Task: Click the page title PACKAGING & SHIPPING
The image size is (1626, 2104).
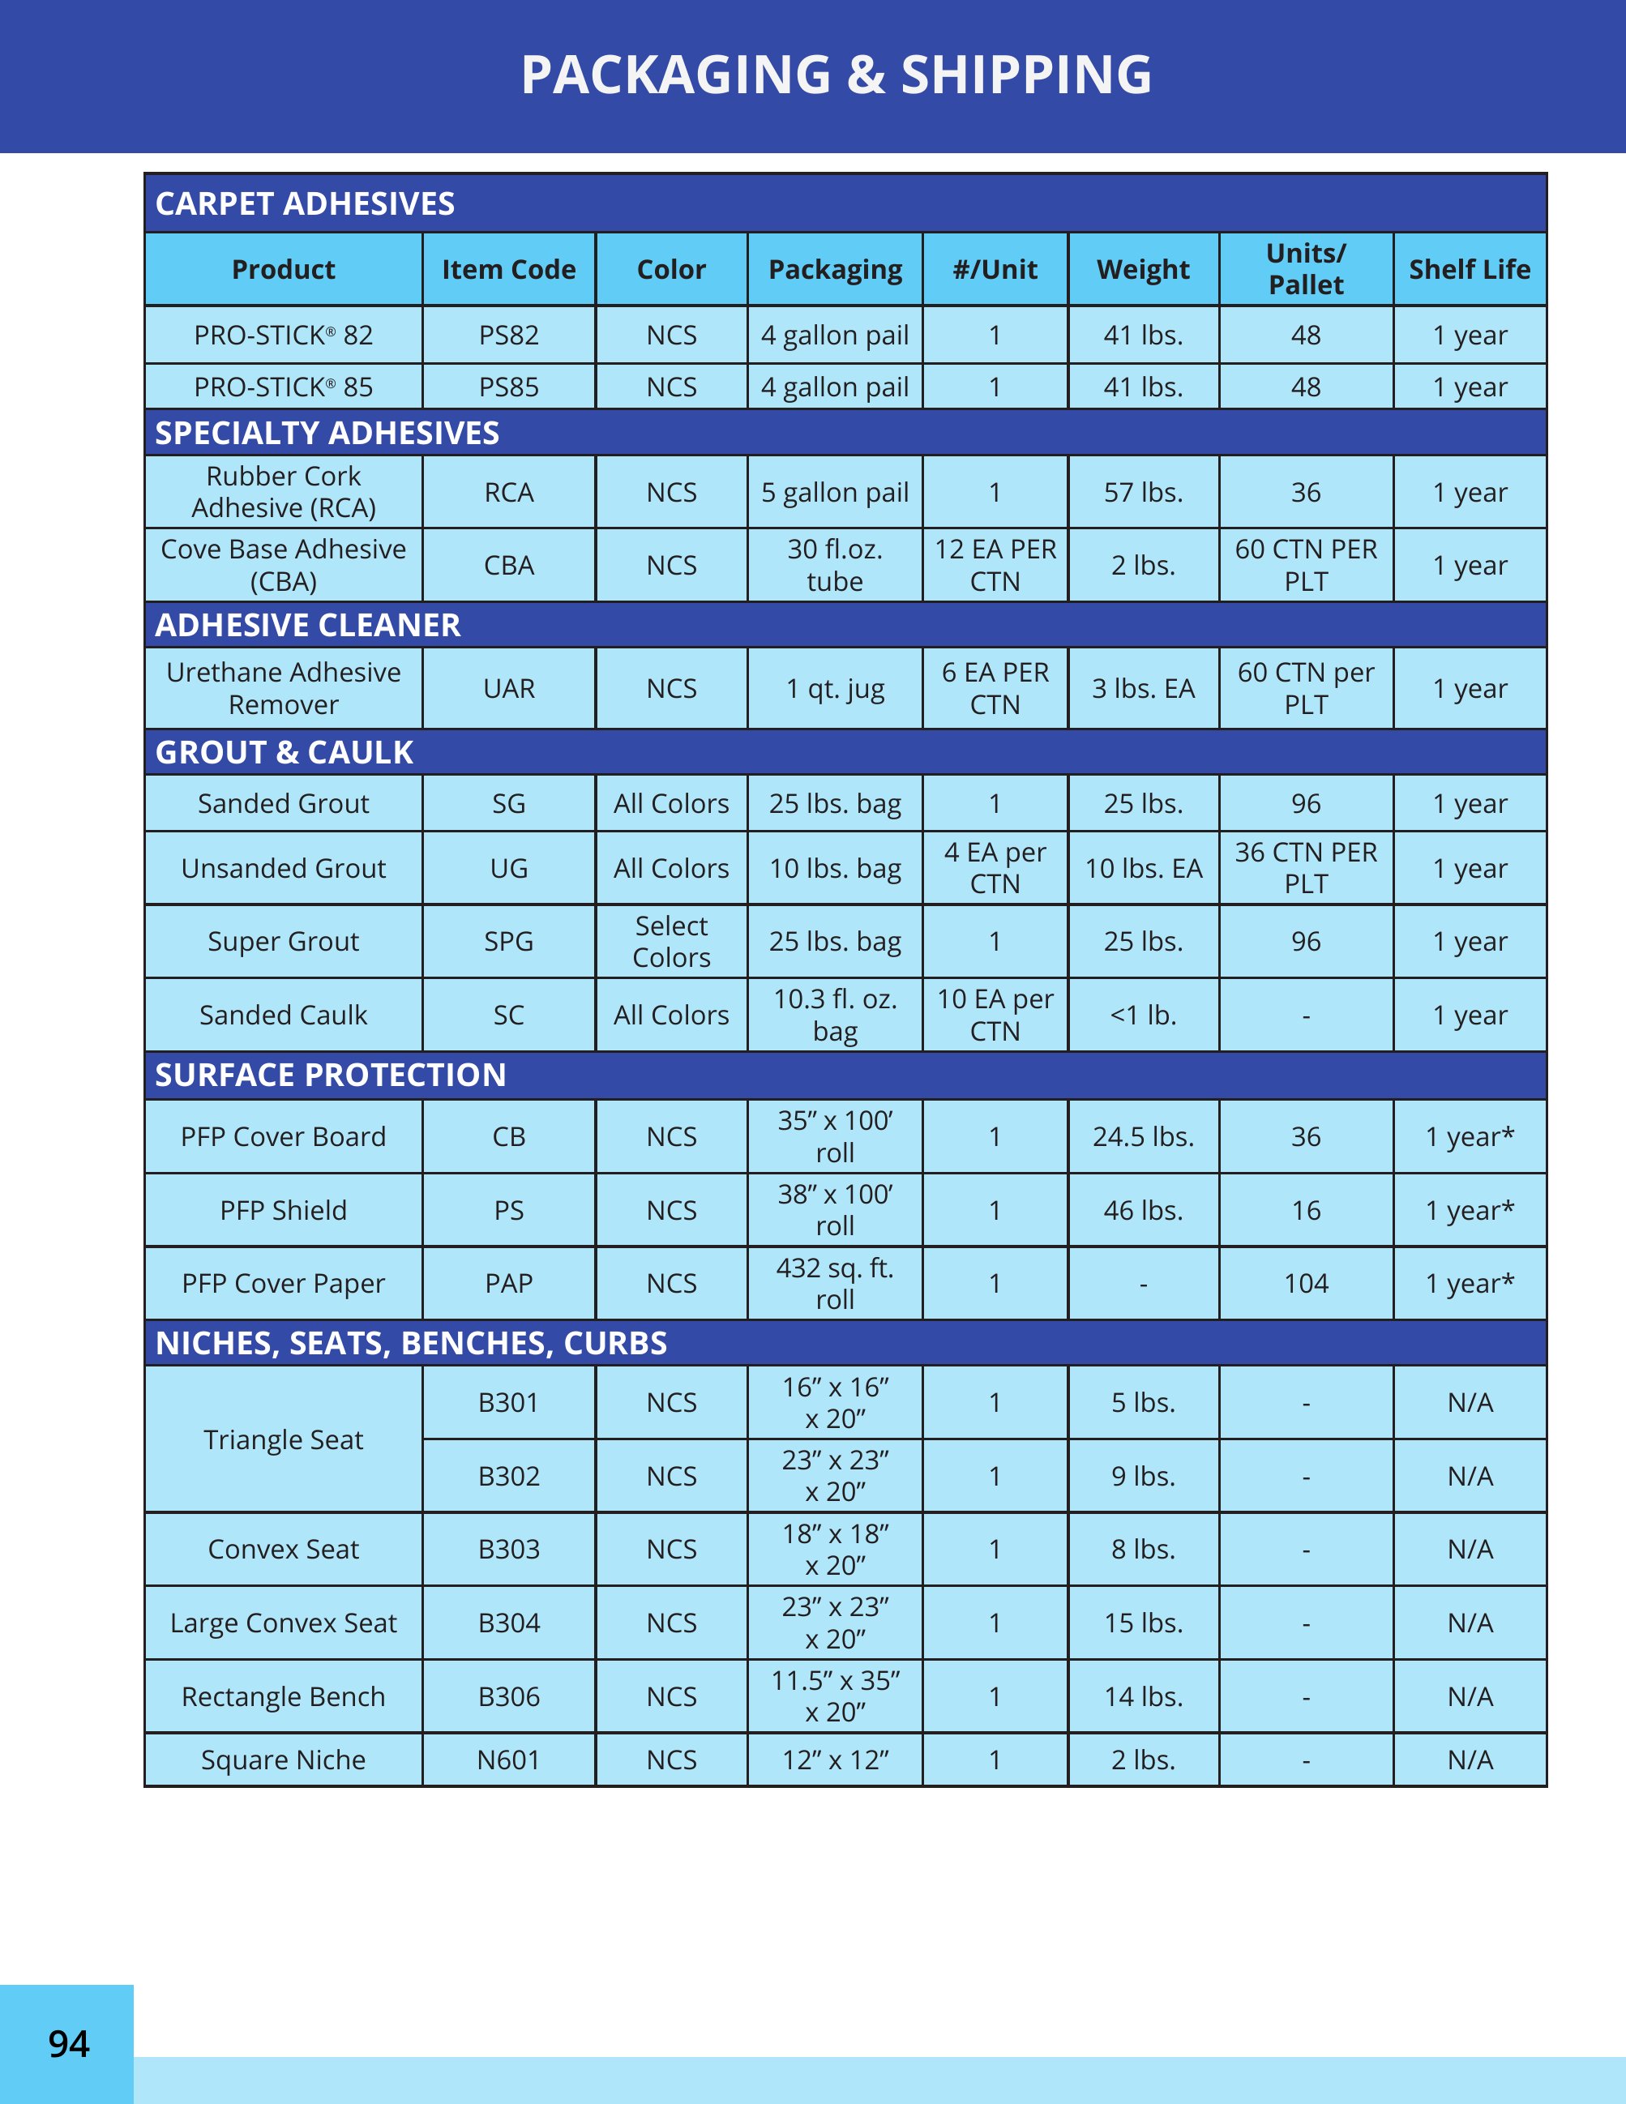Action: click(835, 75)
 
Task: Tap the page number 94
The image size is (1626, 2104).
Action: click(68, 2043)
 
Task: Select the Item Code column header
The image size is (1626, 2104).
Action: click(508, 270)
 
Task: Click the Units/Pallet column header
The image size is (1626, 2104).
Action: click(1305, 269)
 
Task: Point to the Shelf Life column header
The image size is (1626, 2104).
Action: click(1469, 270)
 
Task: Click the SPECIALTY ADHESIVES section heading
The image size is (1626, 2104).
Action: click(327, 433)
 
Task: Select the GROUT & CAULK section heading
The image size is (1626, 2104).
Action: click(285, 751)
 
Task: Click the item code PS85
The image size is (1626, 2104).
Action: click(508, 387)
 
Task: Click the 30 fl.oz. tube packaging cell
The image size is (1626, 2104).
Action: click(834, 566)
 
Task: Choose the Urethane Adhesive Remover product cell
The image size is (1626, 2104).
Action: click(283, 688)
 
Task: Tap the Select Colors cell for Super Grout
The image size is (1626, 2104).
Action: click(671, 941)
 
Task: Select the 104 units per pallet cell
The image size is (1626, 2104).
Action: click(1305, 1283)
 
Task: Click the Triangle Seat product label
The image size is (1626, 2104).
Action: click(283, 1439)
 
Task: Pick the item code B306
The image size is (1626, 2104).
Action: click(508, 1696)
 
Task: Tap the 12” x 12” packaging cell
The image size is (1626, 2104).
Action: click(834, 1760)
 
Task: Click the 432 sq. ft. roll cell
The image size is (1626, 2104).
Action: click(834, 1283)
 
